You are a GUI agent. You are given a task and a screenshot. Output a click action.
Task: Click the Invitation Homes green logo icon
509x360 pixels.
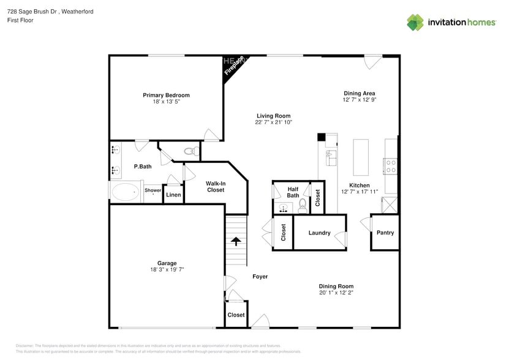pos(415,23)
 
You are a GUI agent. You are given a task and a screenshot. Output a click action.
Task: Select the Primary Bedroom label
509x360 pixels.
pos(166,95)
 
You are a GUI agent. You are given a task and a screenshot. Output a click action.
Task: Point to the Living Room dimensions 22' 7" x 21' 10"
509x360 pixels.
pos(273,122)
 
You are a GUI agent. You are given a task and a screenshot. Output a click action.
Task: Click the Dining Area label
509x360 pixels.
pos(359,93)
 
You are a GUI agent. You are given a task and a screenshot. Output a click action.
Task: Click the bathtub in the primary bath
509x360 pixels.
pos(126,192)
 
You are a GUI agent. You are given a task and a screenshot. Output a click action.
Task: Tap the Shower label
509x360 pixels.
pos(153,190)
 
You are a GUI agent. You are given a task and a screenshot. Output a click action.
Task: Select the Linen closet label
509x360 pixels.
pos(173,195)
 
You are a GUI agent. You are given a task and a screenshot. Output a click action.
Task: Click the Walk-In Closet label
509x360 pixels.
pos(215,186)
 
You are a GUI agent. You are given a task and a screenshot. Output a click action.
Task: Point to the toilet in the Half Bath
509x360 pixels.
pos(302,206)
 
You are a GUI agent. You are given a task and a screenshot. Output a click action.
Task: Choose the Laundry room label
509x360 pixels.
pos(319,233)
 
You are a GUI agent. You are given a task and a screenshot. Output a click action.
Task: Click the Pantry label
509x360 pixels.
pos(385,233)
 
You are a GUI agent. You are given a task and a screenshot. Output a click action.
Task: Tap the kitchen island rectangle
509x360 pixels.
pos(361,157)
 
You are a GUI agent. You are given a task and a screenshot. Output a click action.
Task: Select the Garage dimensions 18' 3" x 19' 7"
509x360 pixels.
pos(167,269)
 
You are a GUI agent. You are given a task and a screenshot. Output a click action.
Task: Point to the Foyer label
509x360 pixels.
pos(260,277)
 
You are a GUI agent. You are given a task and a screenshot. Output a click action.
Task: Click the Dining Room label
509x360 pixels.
pos(336,286)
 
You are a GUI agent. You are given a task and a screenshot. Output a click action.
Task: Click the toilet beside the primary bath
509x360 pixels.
pos(189,151)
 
